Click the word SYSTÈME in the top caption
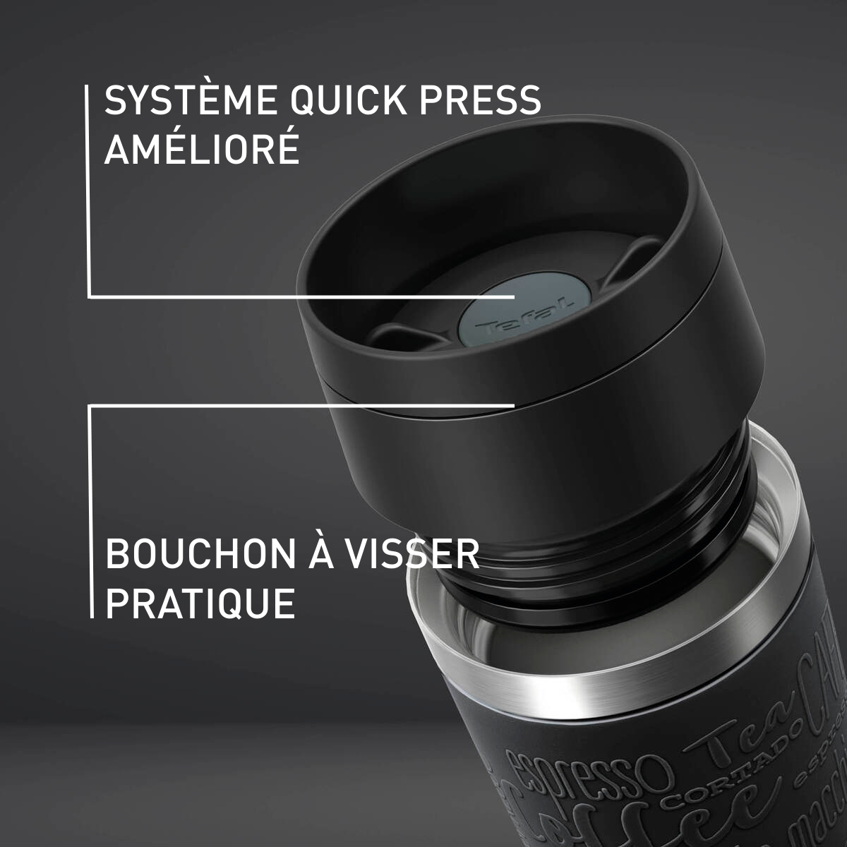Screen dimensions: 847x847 tap(190, 100)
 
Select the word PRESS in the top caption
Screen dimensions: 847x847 tap(480, 100)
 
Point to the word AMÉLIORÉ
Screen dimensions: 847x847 tap(202, 150)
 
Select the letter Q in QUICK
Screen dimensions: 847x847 tap(304, 100)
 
